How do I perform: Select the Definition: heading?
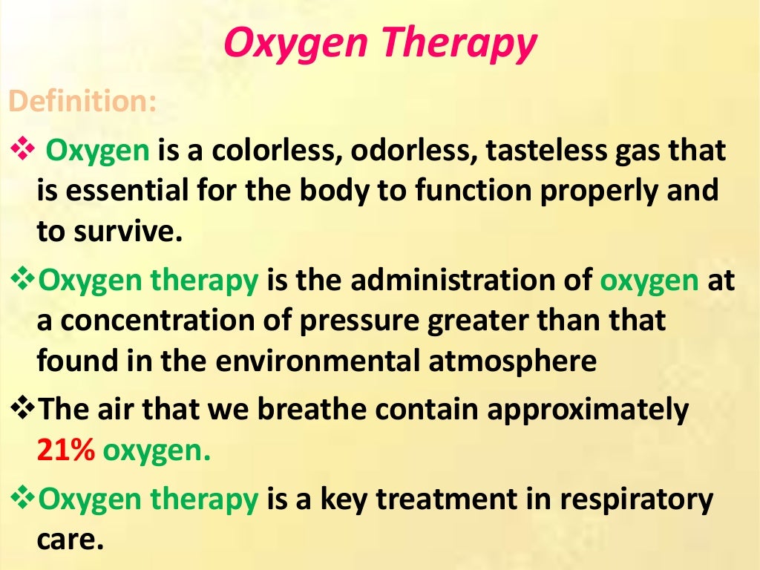[82, 102]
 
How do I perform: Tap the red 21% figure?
[66, 450]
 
